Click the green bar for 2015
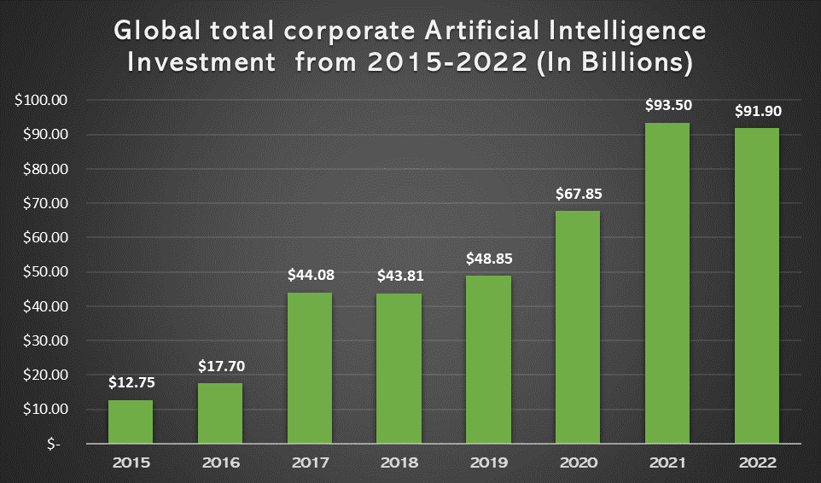pos(131,422)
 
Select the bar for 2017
pos(310,368)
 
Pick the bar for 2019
pos(488,359)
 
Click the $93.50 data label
pos(667,106)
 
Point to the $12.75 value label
pos(131,383)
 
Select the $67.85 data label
pos(578,194)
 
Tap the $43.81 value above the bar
pos(399,276)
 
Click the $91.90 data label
pos(756,111)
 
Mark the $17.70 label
pos(220,366)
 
